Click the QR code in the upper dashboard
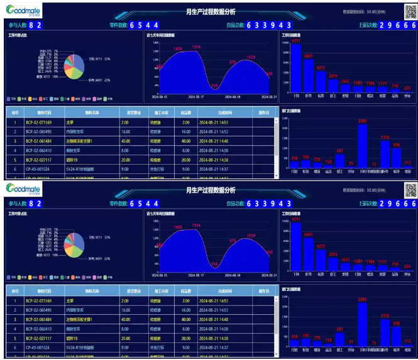(410, 12)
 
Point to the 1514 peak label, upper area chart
(196, 47)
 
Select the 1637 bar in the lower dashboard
(344, 266)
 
